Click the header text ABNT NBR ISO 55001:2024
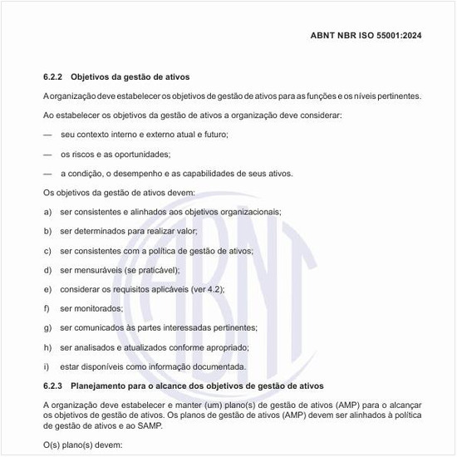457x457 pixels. [366, 37]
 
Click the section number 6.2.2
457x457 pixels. [53, 76]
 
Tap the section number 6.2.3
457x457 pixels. [53, 386]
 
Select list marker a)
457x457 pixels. [47, 212]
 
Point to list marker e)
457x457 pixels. [47, 289]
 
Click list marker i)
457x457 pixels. [47, 366]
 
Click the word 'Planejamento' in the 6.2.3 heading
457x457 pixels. [101, 386]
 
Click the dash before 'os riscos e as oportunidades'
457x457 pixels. [47, 155]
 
